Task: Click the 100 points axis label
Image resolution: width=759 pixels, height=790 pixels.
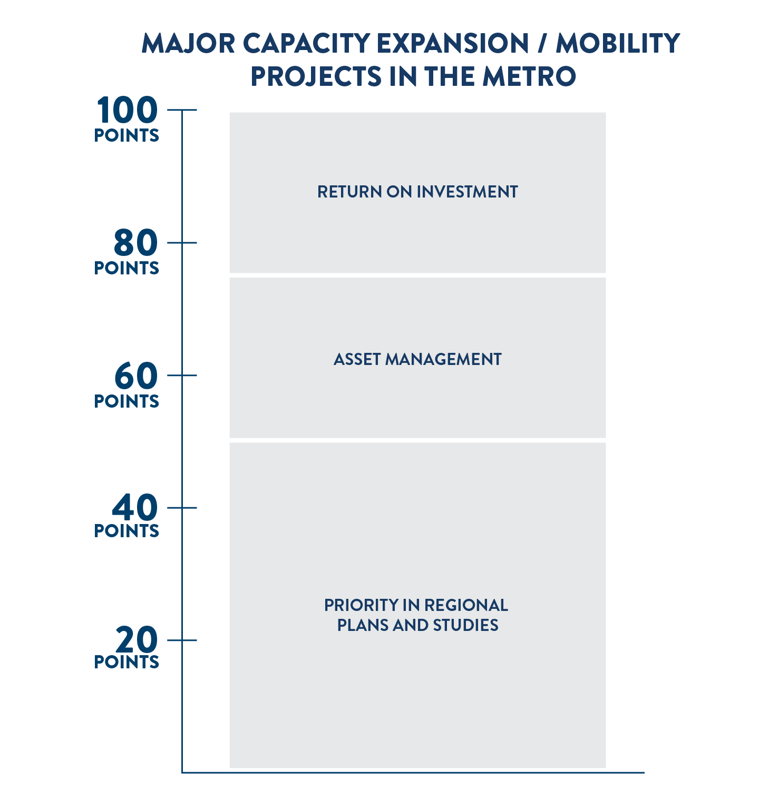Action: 126,120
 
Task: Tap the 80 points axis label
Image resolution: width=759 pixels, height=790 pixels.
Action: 126,252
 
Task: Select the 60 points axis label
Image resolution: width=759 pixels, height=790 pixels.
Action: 126,385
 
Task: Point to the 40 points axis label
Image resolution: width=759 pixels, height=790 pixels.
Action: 126,517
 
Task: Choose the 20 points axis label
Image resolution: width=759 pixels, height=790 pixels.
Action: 126,648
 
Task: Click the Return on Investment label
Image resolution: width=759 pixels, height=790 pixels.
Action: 417,192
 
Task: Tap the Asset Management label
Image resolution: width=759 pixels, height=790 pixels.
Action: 417,359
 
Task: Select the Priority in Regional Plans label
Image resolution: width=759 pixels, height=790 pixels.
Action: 416,615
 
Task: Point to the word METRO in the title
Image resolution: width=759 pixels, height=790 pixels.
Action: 529,76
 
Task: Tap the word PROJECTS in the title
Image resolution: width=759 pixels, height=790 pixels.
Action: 316,76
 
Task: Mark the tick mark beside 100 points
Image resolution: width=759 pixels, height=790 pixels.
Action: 182,110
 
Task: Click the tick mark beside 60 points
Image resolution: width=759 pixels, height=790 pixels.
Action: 182,375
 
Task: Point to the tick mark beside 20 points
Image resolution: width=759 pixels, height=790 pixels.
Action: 182,640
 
